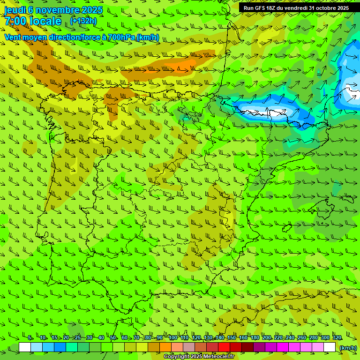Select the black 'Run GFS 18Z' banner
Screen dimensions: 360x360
tap(296, 8)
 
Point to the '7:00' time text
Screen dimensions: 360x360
tap(15, 22)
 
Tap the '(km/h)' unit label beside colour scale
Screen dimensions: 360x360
tap(347, 348)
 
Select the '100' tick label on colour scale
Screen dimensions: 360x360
tap(172, 337)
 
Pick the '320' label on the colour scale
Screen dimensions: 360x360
tap(337, 337)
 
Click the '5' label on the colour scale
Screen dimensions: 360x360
tap(30, 337)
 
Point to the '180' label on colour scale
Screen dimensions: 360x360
tap(255, 337)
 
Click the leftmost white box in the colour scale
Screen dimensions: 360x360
tap(24, 347)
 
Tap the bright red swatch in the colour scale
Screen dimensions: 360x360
tap(224, 347)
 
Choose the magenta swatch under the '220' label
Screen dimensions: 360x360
tap(283, 347)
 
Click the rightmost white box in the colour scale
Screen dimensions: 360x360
tap(330, 347)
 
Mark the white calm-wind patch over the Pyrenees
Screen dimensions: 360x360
tap(265, 112)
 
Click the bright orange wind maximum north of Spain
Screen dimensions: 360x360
tap(187, 64)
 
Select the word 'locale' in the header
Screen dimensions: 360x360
tap(45, 22)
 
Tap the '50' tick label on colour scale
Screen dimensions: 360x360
tap(113, 337)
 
